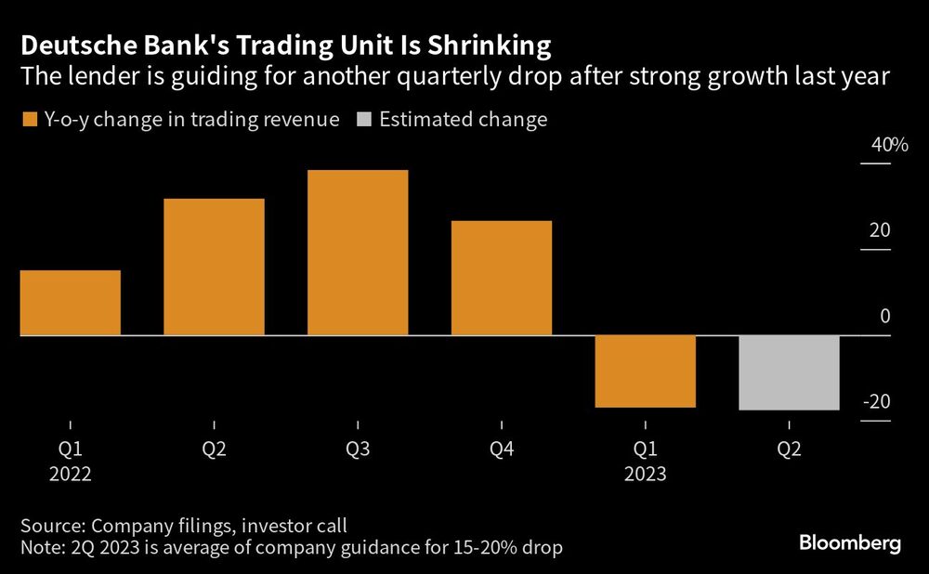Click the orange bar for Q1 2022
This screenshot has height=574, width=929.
(70, 303)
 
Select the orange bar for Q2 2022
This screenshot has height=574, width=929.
(214, 267)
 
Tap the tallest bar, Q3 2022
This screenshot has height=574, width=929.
(358, 253)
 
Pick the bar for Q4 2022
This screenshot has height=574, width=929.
(502, 278)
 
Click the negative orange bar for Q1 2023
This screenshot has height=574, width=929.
(646, 371)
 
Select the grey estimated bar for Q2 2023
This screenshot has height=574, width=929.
(790, 372)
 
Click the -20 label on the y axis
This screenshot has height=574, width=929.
(877, 402)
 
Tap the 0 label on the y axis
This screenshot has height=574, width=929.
(884, 316)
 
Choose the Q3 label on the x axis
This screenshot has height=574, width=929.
(358, 450)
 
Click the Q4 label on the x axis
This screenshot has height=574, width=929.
(502, 450)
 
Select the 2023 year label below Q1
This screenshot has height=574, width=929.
(646, 473)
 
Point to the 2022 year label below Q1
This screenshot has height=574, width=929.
(70, 473)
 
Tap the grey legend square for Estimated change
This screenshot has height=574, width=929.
(363, 119)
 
